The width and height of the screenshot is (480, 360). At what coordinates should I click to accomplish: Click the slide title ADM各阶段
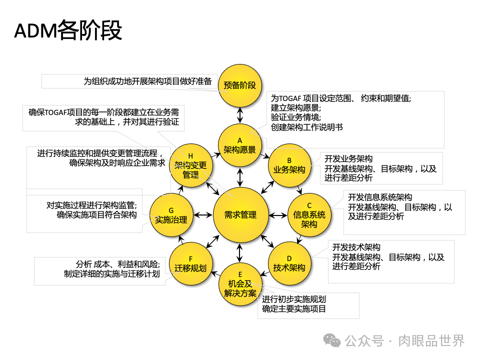pos(68,30)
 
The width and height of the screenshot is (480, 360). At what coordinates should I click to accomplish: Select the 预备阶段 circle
pos(240,85)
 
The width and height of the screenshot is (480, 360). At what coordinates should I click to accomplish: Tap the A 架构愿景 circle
pos(239,144)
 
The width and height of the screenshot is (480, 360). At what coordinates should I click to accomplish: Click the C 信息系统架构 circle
pos(309,214)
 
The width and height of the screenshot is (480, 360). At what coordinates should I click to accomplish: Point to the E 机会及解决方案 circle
pos(240,283)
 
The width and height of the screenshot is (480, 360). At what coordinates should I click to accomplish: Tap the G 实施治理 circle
pos(171,214)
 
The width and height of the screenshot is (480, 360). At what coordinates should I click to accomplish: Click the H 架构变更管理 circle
pos(190,165)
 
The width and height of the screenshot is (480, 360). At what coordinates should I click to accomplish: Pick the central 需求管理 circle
pos(240,214)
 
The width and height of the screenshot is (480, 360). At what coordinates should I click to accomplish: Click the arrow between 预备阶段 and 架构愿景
pos(240,115)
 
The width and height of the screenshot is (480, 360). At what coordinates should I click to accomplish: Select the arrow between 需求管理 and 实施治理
pos(203,215)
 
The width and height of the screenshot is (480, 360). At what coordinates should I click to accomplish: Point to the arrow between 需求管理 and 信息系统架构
pos(278,215)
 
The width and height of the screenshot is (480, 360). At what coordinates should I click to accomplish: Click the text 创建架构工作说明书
pos(307,127)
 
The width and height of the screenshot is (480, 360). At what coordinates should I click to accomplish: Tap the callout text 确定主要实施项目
pos(294,309)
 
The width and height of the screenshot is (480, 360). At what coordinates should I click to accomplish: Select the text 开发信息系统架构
pos(380,196)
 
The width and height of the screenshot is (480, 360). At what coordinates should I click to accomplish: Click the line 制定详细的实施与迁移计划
pos(112,274)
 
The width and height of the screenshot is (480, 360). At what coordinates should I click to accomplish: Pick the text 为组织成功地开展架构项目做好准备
pos(148,81)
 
